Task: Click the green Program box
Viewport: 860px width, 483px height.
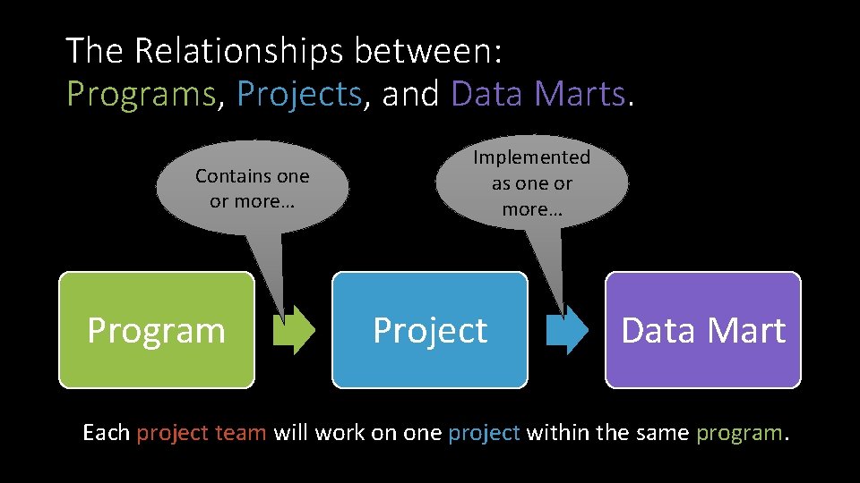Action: (x=157, y=330)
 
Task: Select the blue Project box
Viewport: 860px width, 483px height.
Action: (x=430, y=330)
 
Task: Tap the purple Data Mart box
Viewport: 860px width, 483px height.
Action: (x=703, y=330)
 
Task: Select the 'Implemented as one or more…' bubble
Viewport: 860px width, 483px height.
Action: (x=532, y=183)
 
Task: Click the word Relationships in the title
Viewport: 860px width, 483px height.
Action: (x=238, y=51)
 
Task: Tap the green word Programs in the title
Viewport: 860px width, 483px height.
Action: (x=142, y=94)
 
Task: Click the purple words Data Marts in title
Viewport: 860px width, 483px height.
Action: (x=537, y=94)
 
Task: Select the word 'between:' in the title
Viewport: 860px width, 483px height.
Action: (x=428, y=51)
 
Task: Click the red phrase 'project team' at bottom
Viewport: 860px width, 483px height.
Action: (x=201, y=433)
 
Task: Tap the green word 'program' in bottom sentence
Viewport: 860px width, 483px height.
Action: (x=738, y=433)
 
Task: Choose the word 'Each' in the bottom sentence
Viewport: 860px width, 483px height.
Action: (x=106, y=433)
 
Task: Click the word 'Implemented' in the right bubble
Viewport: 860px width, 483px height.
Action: (x=532, y=157)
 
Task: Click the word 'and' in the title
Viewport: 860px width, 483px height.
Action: (x=410, y=94)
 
